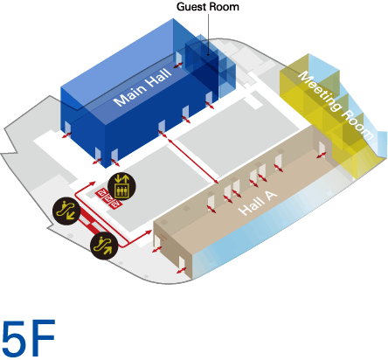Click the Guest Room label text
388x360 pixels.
208,7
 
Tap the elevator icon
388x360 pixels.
121,184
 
